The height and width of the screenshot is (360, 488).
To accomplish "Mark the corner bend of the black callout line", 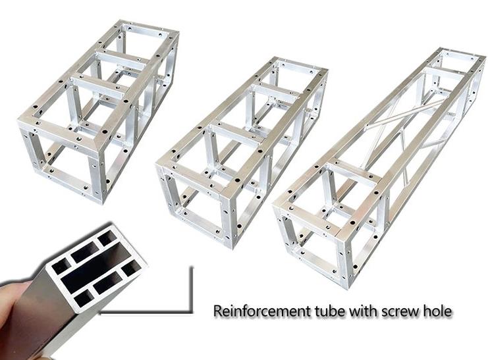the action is [x=192, y=312].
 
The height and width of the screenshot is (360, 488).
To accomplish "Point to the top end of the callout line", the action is [x=192, y=268].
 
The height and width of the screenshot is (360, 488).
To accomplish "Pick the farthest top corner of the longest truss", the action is [x=441, y=49].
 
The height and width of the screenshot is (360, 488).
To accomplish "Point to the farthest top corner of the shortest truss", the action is [x=120, y=21].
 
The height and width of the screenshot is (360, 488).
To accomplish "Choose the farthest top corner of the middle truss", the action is [x=275, y=58].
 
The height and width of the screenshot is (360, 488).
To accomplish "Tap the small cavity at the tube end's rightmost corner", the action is [x=131, y=268].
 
